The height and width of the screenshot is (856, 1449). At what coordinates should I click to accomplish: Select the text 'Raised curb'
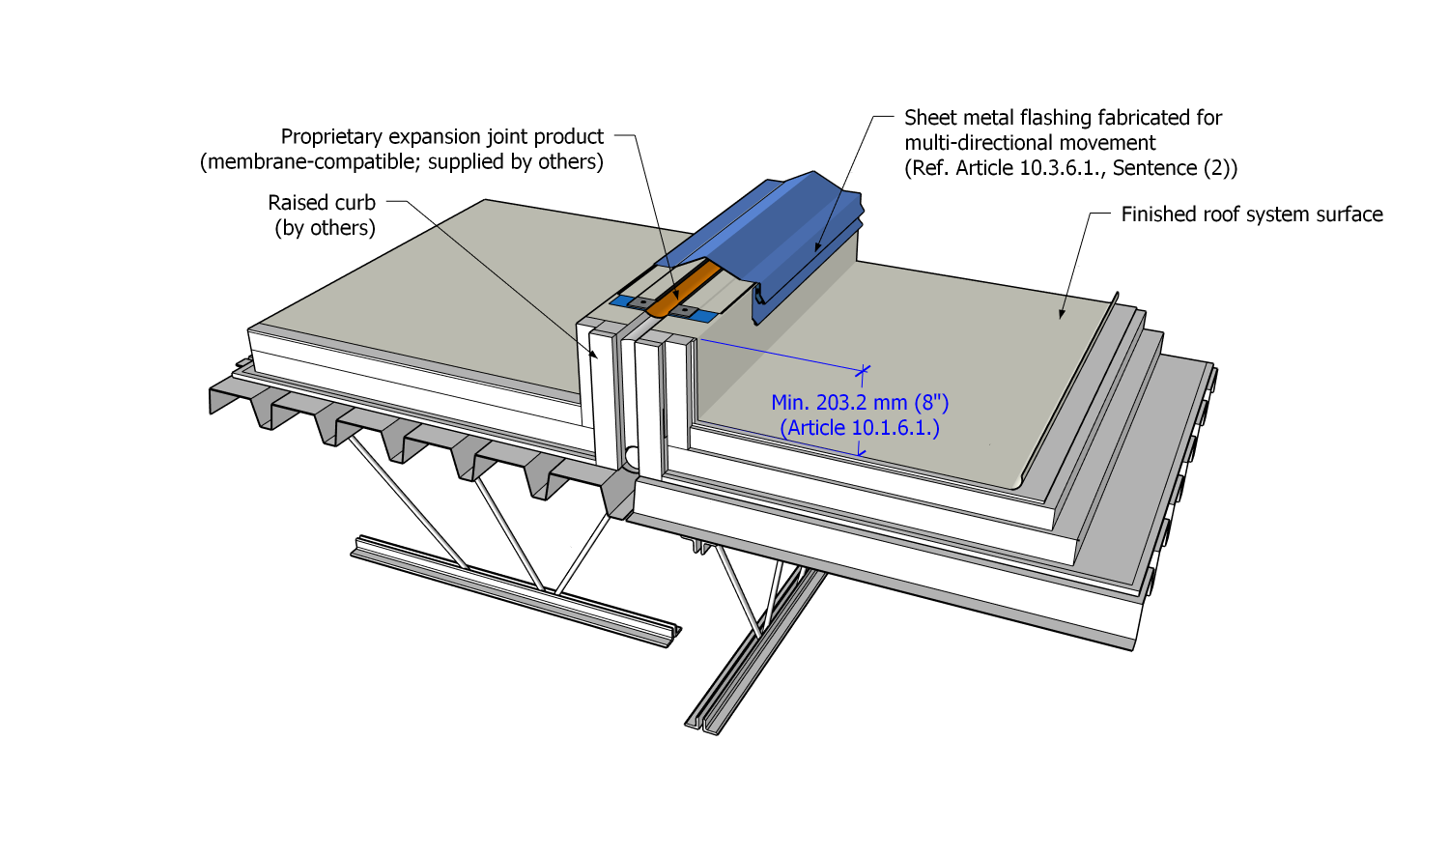point(322,203)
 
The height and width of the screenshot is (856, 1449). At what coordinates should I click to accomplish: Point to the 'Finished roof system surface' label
point(1251,214)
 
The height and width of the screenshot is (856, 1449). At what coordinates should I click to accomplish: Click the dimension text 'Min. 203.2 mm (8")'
point(860,403)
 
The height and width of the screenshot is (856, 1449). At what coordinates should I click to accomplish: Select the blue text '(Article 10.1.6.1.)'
point(860,428)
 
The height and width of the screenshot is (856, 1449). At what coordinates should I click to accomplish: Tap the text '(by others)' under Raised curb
point(325,228)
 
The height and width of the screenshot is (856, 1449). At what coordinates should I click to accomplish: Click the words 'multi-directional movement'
point(1030,143)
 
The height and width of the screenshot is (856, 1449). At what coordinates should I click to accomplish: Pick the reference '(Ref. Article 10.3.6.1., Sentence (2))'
point(1070,168)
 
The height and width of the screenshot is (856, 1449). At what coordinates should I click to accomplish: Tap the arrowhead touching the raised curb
point(595,356)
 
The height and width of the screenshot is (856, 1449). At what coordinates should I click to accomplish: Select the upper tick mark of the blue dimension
point(863,370)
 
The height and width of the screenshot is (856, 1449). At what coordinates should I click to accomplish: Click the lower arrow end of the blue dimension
point(861,451)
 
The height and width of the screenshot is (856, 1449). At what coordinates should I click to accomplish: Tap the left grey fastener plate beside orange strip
point(641,302)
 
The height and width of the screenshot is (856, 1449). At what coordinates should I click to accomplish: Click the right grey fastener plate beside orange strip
point(685,311)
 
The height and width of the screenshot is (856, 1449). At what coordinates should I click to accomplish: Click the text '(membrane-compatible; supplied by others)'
point(402,162)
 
